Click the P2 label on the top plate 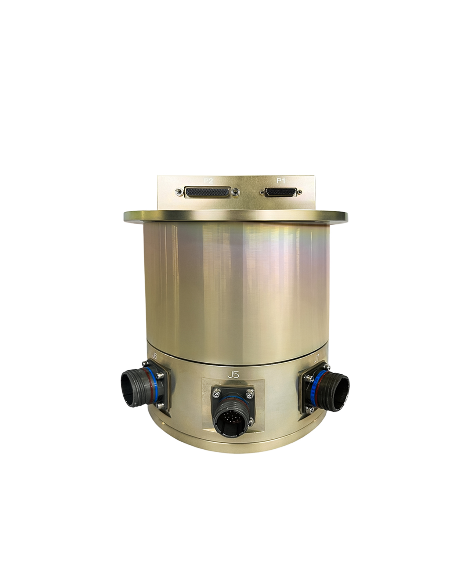208,181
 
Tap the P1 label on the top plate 281,181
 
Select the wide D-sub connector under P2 208,192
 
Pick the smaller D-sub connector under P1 281,192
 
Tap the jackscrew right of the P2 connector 236,192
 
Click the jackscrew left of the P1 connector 262,192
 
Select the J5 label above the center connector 234,375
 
